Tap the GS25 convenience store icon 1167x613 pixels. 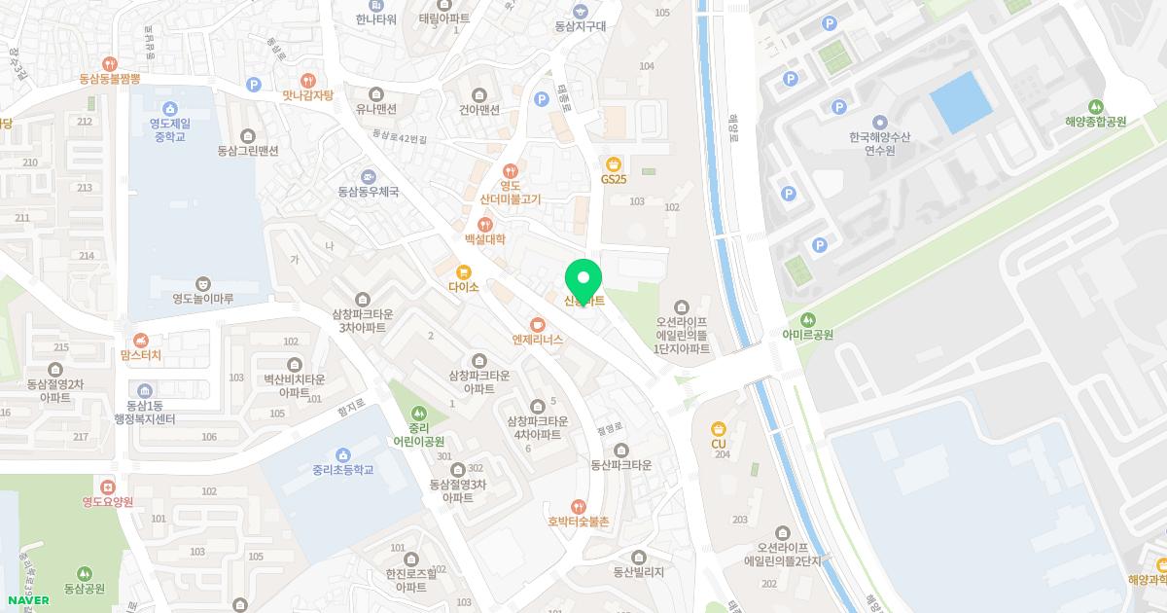(x=613, y=163)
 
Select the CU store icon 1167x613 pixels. (x=719, y=428)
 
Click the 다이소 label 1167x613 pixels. (x=464, y=288)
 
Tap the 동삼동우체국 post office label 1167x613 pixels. (x=369, y=192)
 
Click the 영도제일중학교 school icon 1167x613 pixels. (x=171, y=108)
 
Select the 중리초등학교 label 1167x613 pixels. (x=342, y=470)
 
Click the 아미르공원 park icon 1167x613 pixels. (x=807, y=319)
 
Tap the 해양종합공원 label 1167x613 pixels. (x=1095, y=122)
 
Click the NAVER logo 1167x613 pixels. (x=27, y=600)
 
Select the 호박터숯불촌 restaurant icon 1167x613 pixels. (x=579, y=506)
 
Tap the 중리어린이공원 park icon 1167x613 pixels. (x=419, y=413)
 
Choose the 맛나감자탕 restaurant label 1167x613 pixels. (x=307, y=95)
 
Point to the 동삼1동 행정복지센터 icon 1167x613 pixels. (x=145, y=391)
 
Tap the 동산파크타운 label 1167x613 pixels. (x=620, y=465)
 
